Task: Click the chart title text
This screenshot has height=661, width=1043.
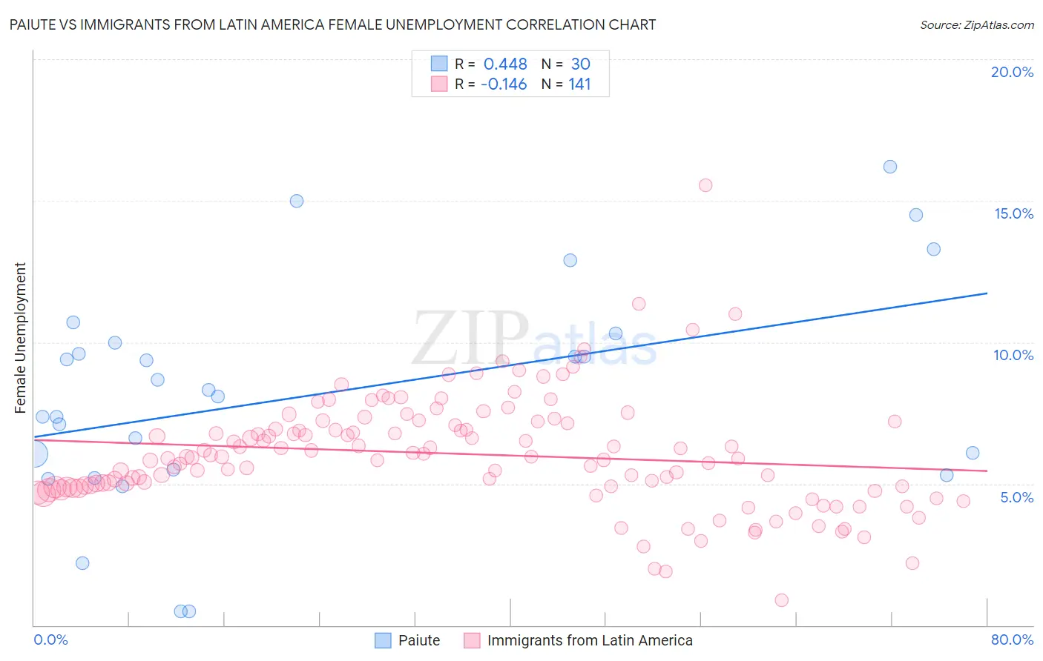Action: (x=332, y=24)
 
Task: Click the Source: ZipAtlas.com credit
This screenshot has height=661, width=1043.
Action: (x=976, y=24)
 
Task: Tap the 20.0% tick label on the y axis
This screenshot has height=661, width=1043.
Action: (x=1012, y=72)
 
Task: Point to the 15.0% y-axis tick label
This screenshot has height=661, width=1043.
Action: (x=1013, y=213)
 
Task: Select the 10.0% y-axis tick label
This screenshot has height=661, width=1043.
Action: (x=1013, y=355)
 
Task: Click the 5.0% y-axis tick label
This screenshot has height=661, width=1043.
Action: (x=1016, y=497)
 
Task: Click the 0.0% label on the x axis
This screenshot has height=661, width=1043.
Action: (x=50, y=640)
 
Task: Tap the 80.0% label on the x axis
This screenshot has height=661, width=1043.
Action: (x=1012, y=640)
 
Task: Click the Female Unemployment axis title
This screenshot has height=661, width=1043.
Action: (x=21, y=338)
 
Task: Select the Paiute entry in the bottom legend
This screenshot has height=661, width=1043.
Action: (x=418, y=640)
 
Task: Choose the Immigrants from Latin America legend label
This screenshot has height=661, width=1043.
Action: (x=589, y=640)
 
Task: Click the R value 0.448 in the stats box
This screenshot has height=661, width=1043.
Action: (x=505, y=64)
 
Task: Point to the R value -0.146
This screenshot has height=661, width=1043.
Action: (x=504, y=84)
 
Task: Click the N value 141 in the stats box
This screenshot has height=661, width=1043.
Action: (x=579, y=84)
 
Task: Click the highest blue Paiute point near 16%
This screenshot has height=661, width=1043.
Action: (x=890, y=167)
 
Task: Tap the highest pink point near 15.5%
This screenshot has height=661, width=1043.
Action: (x=705, y=185)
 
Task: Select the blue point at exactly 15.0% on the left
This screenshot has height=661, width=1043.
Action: (x=297, y=201)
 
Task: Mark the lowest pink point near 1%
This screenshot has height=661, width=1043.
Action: (x=781, y=600)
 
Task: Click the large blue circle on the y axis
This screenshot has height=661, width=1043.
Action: (x=34, y=454)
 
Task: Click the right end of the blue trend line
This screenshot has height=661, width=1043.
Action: (x=987, y=293)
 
